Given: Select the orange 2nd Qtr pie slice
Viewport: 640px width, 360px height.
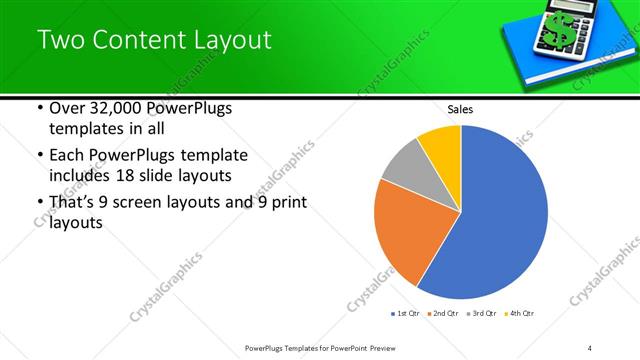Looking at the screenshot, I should click(405, 235).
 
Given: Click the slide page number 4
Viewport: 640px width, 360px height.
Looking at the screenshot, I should click(590, 347).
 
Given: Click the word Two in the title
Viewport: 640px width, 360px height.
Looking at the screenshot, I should click(62, 40).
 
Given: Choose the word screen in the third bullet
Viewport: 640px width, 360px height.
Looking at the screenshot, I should click(141, 203).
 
